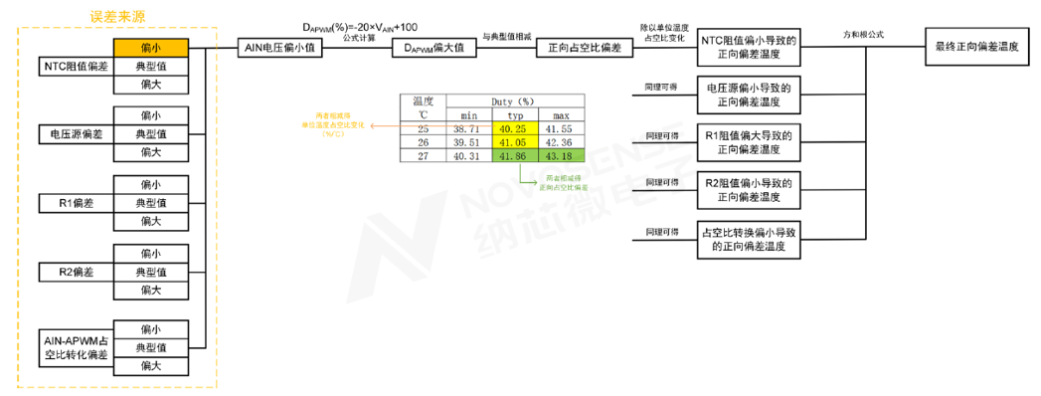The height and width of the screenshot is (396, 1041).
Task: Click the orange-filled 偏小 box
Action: pos(150,46)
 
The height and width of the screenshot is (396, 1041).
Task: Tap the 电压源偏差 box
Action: pos(76,133)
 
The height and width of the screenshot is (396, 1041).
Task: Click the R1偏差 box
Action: pos(76,202)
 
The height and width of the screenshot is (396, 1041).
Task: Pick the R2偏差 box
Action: pos(76,271)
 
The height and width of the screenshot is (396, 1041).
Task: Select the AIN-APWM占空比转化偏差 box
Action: pos(76,347)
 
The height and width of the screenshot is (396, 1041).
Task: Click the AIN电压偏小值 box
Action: pos(281,46)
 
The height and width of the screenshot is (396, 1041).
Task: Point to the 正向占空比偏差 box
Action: pos(578,46)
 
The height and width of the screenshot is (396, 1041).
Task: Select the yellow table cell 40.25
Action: pos(515,128)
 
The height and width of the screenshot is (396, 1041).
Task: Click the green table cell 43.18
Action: pos(561,156)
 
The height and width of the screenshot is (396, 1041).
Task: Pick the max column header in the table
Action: pos(561,115)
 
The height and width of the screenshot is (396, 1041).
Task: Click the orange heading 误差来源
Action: pos(117,17)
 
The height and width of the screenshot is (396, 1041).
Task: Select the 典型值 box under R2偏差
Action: pos(150,271)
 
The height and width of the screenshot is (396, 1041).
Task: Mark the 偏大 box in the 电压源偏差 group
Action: pos(150,152)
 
